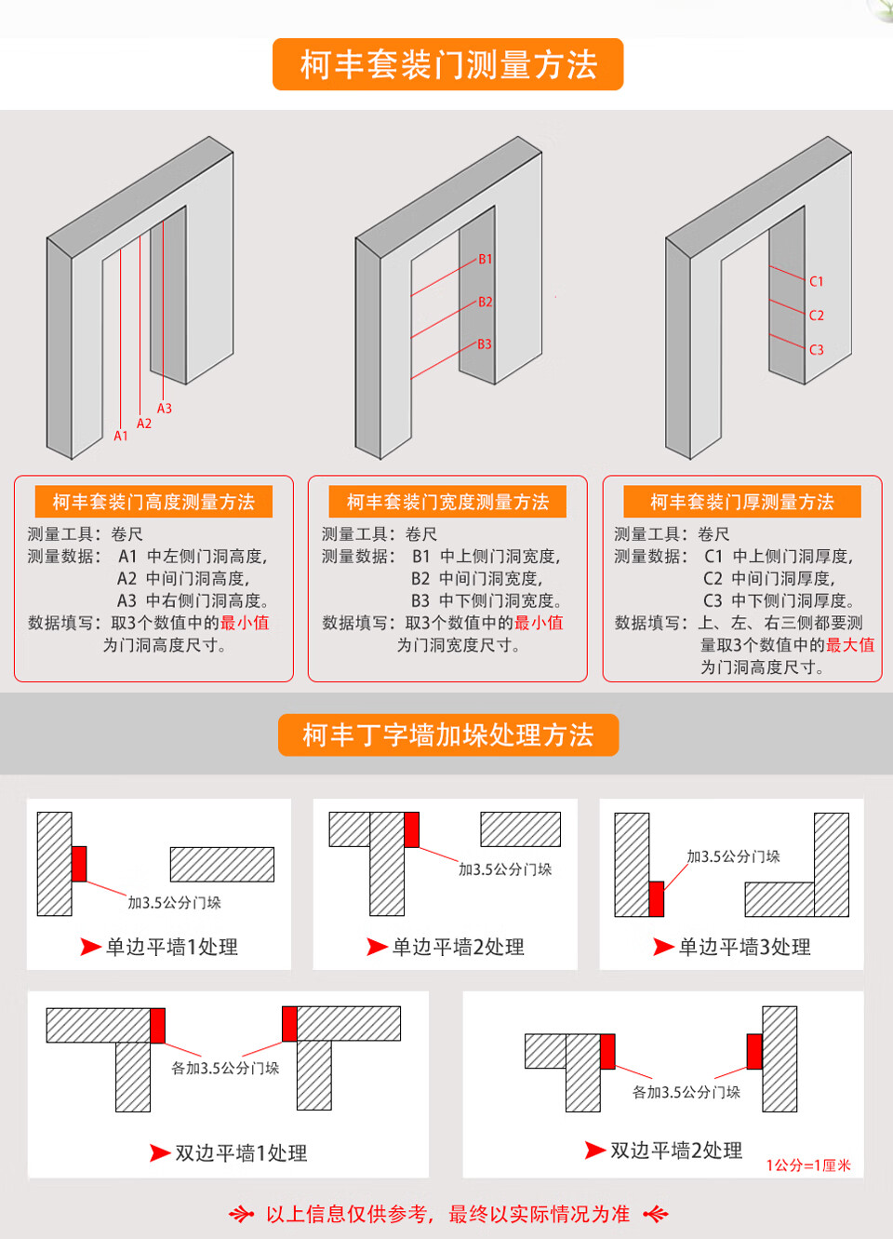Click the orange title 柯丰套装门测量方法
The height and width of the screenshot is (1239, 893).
tap(447, 65)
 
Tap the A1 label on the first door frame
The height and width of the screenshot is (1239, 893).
tap(121, 436)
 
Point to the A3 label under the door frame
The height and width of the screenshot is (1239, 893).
tap(165, 409)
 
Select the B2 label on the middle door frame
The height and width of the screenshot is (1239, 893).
tap(486, 303)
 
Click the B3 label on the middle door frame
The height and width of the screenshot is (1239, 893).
tap(485, 344)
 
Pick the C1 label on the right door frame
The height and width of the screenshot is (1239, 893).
tap(817, 281)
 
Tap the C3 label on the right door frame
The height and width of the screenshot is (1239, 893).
tap(817, 350)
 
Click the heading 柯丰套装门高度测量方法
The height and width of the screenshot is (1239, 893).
tap(153, 502)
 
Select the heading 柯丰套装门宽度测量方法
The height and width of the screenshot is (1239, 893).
tap(447, 502)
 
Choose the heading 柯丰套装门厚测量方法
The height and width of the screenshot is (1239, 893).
tap(741, 502)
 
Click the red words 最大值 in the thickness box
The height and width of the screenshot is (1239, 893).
tap(850, 645)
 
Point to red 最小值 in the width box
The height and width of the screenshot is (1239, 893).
tap(539, 623)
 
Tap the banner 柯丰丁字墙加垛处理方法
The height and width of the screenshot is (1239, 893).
tap(447, 735)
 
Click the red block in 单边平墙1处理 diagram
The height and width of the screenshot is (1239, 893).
tap(79, 864)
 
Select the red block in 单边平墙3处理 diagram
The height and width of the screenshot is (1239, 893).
tap(656, 899)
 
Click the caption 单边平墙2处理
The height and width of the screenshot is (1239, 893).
tap(458, 948)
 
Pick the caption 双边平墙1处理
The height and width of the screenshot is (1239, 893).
tap(241, 1153)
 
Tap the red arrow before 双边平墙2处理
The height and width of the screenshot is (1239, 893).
tap(595, 1151)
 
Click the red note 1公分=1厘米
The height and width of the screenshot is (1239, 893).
tap(808, 1165)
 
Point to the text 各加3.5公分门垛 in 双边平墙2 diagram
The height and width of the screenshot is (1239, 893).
tap(686, 1092)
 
